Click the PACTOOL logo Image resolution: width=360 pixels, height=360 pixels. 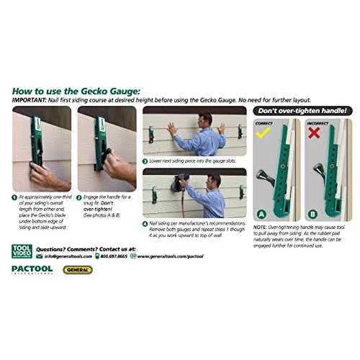32,270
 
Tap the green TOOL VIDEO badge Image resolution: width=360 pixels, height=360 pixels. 21,251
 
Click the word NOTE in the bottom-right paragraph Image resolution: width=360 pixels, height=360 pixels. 261,228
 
